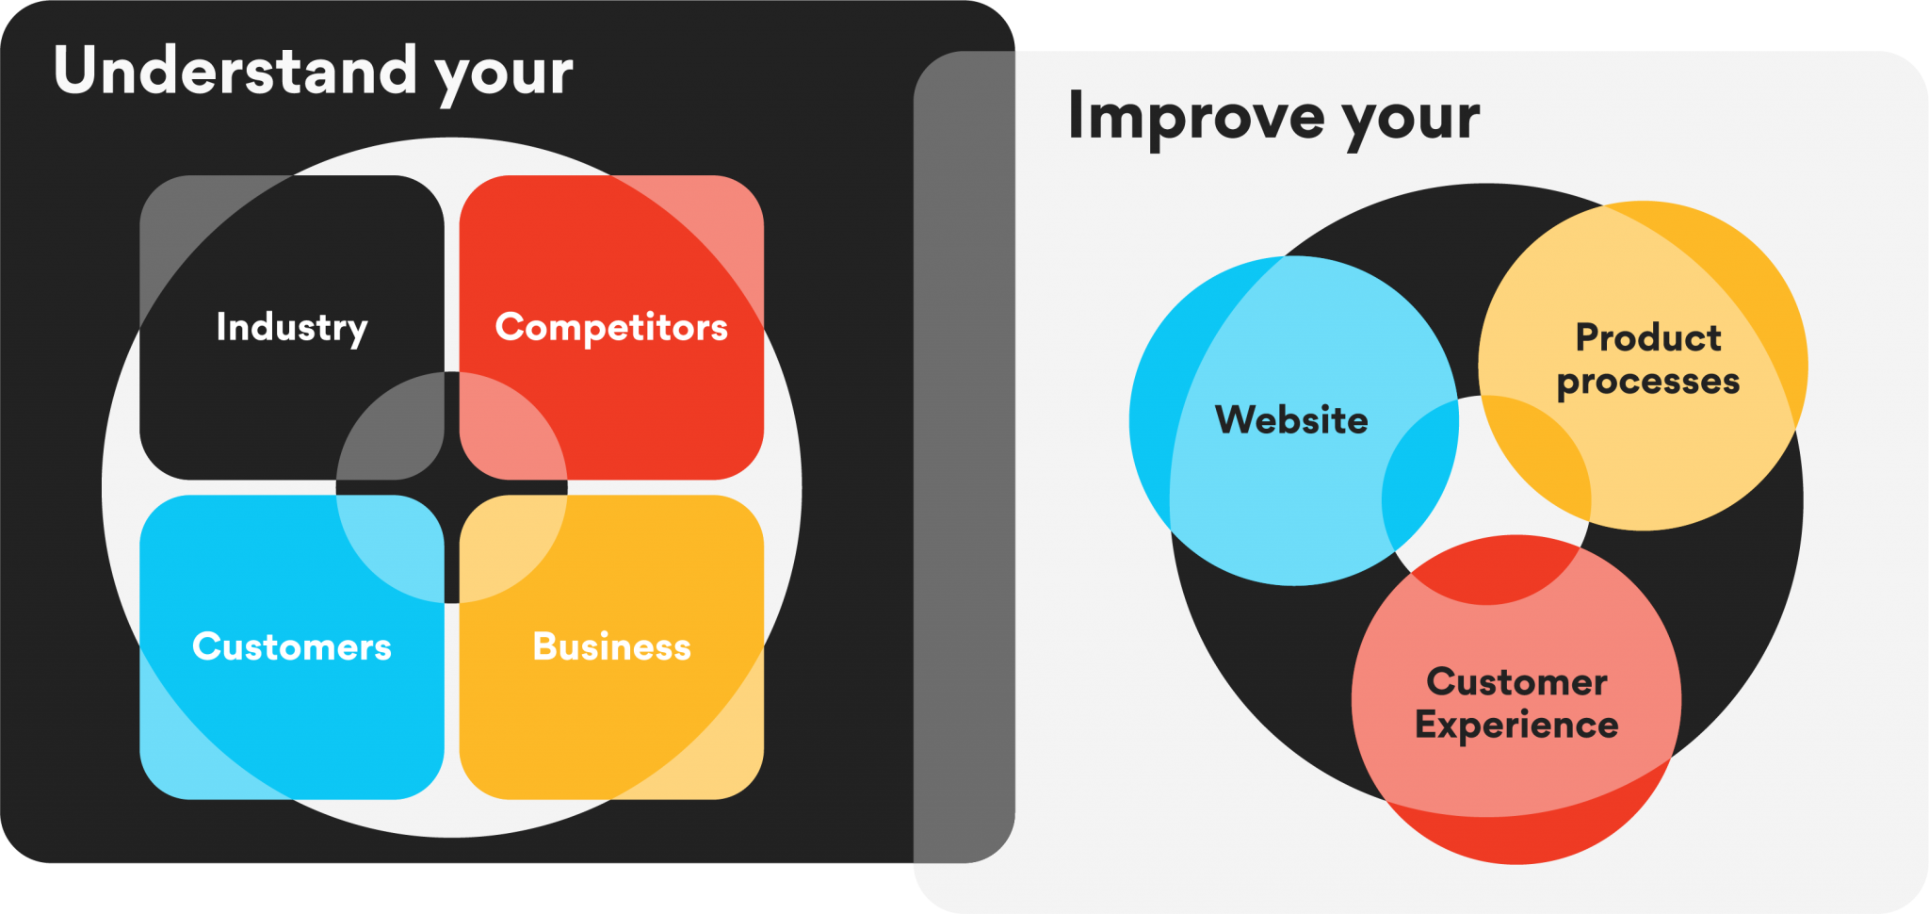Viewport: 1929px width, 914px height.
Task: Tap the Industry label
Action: point(292,327)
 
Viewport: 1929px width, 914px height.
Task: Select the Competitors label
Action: point(611,327)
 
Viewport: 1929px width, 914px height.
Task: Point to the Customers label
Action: point(292,646)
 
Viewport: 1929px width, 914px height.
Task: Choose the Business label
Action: point(611,646)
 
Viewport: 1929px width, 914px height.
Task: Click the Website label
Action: point(1291,419)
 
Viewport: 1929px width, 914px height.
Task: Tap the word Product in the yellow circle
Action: point(1648,337)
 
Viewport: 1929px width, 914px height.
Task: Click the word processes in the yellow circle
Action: point(1648,382)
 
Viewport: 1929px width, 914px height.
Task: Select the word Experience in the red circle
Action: point(1516,726)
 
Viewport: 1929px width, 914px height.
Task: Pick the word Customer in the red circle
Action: point(1516,682)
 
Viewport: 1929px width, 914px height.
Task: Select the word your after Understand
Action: point(504,73)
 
